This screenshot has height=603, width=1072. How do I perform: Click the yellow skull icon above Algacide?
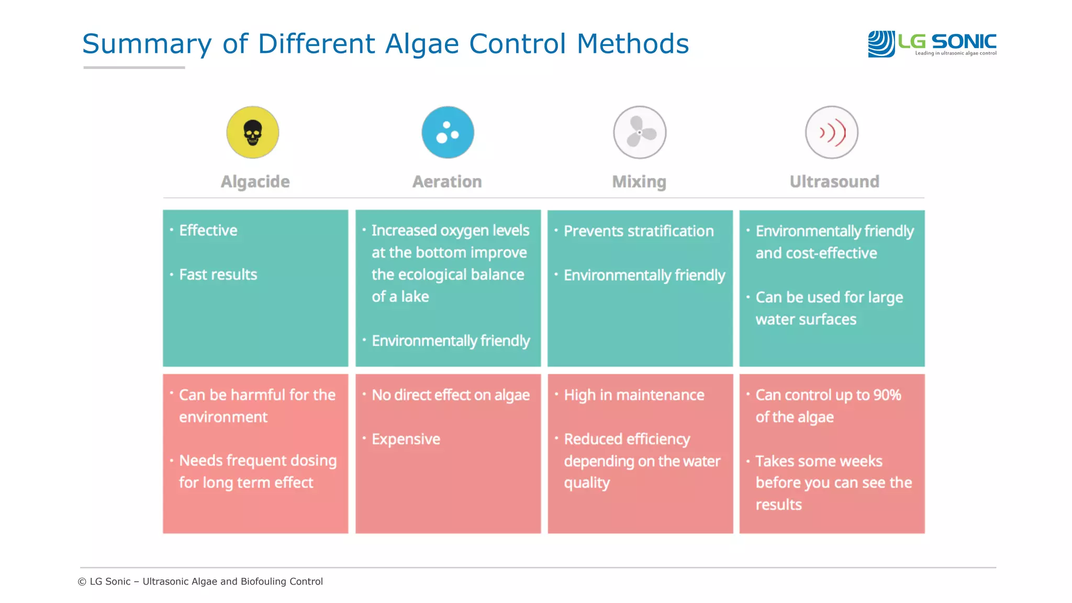[252, 132]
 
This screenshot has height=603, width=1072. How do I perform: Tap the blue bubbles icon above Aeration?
[448, 132]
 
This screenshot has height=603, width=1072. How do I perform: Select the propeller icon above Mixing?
[639, 132]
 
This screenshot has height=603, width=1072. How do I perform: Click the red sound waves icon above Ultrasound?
[831, 132]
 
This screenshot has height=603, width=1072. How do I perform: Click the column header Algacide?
[255, 182]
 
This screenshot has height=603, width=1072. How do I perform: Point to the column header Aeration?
[447, 182]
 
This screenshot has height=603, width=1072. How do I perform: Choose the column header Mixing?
[639, 182]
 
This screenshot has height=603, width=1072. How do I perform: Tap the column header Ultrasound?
[834, 182]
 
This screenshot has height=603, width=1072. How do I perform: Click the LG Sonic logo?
[932, 43]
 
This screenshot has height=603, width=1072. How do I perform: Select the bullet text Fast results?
[218, 274]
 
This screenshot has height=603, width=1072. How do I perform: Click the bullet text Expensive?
[406, 439]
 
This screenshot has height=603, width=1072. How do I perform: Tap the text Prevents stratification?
[639, 231]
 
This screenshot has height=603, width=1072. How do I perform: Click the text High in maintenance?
[634, 395]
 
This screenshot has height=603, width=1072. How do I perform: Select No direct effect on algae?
[450, 395]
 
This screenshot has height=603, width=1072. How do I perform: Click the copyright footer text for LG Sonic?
[200, 582]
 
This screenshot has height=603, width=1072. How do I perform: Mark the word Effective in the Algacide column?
[208, 230]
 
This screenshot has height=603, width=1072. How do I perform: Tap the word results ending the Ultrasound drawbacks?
[778, 505]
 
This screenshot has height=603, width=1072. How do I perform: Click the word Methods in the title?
[632, 44]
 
